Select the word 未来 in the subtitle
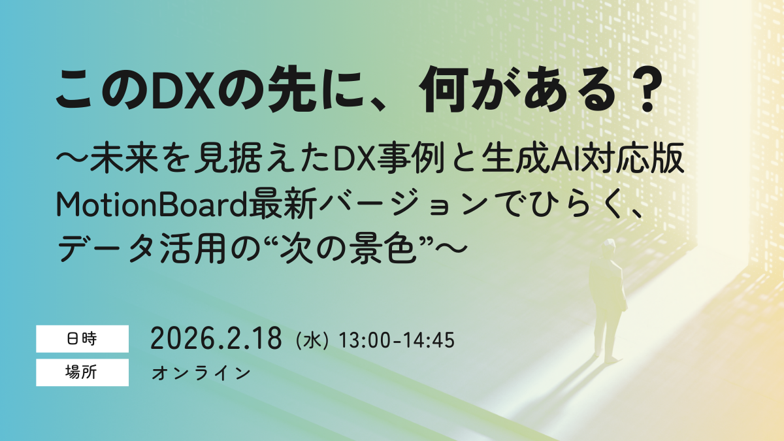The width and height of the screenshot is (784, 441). point(125,160)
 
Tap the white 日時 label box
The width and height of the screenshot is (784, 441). point(82,339)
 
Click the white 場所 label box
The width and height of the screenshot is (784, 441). point(82,372)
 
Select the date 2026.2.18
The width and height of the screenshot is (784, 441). point(216,338)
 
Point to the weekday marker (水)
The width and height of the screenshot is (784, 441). point(312,340)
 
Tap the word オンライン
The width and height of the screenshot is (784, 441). point(201,373)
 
